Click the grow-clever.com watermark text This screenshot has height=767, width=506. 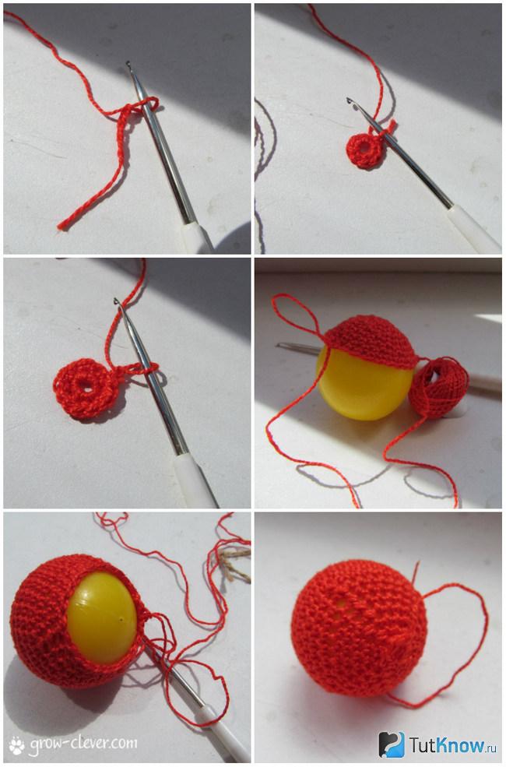tap(83, 743)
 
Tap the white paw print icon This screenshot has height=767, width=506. tap(17, 744)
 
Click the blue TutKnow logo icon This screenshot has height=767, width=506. tap(392, 744)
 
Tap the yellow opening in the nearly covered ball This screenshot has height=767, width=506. tap(102, 617)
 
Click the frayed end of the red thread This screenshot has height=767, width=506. tap(61, 226)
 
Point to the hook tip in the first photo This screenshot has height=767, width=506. tap(128, 64)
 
